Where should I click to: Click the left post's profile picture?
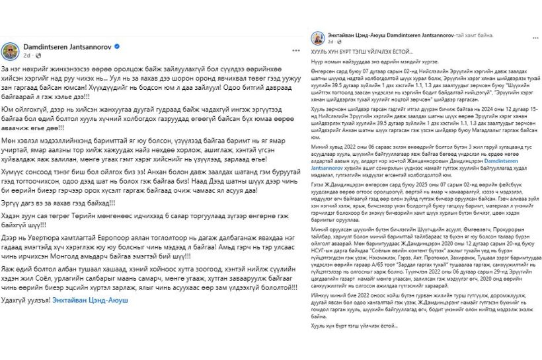click(11, 52)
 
